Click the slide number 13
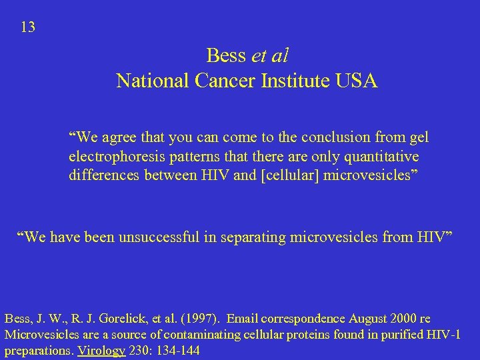(28, 27)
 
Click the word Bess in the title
(227, 55)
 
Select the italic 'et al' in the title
(270, 55)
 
